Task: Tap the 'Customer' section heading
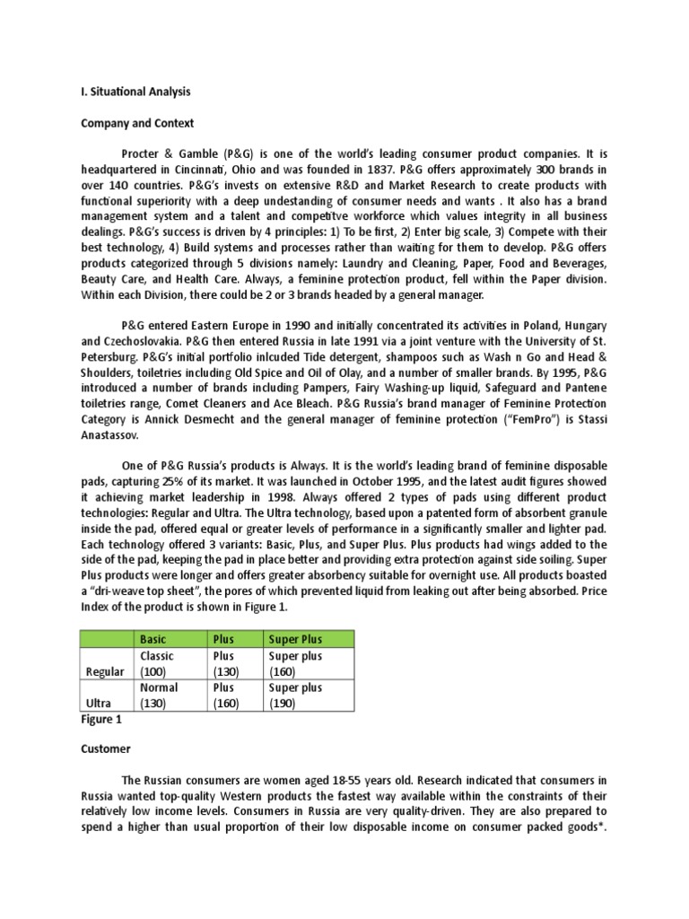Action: point(106,748)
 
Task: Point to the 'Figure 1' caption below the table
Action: point(100,719)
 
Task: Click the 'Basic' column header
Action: point(153,638)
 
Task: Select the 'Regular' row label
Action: point(105,671)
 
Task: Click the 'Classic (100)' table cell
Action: point(157,663)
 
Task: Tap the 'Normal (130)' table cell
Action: point(159,696)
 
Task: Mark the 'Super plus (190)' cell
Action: point(295,696)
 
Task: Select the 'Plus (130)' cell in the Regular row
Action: point(225,663)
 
